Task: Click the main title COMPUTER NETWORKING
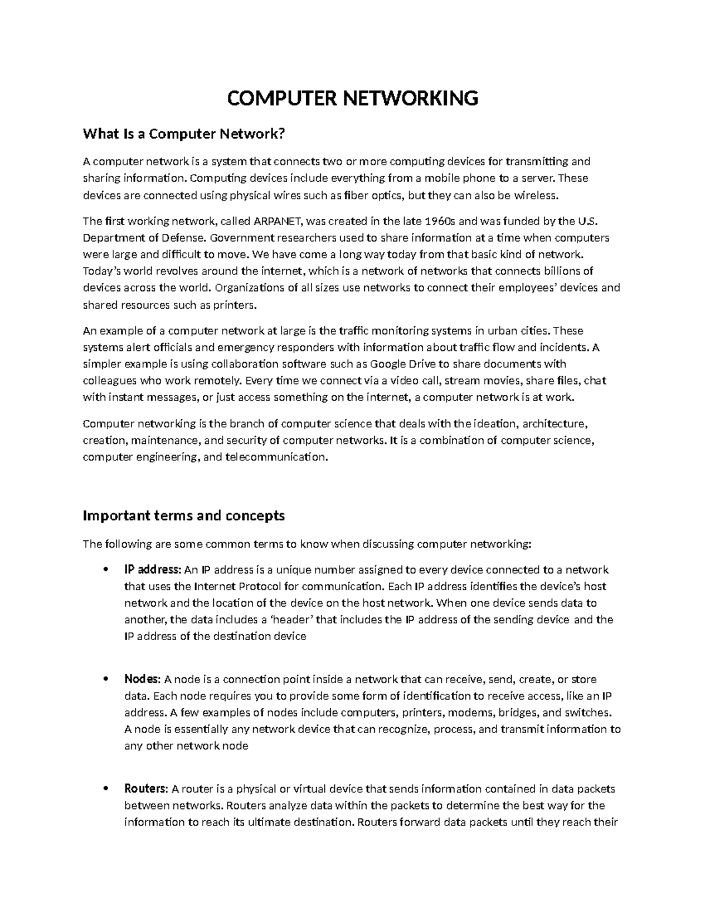point(352,98)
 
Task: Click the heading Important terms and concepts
point(184,516)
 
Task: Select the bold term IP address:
point(153,570)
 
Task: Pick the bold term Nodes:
point(142,680)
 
